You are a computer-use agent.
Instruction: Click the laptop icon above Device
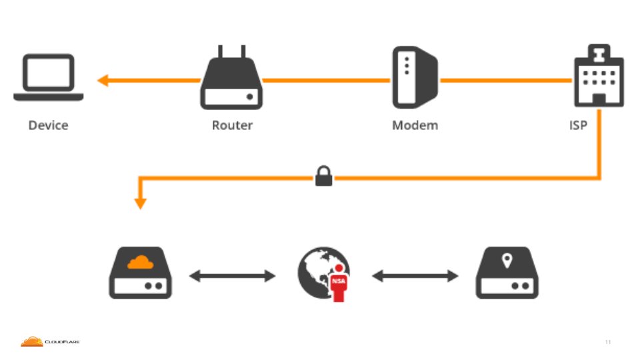point(49,77)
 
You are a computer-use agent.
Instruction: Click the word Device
point(48,125)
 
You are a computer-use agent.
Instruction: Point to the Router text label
point(232,125)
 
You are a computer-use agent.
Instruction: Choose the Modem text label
point(415,125)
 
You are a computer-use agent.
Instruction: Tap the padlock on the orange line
point(323,177)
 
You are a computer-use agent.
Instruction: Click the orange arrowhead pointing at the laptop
point(103,81)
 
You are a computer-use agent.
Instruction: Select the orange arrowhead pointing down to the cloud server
point(140,203)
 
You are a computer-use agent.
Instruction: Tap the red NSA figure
point(339,283)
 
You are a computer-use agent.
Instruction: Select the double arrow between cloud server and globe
point(232,275)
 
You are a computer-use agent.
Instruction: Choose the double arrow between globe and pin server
point(415,275)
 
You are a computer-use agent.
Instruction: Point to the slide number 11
point(607,342)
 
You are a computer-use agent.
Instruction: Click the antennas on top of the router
point(231,51)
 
